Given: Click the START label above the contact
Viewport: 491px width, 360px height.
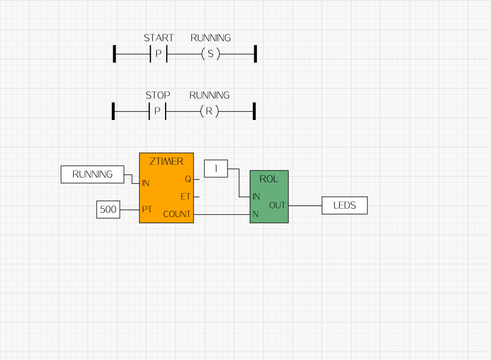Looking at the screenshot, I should [x=159, y=38].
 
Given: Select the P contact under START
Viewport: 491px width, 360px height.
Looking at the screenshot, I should [x=159, y=54].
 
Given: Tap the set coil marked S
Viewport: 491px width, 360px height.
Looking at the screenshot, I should [x=210, y=54].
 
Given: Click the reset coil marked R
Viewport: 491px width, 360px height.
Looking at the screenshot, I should [x=209, y=111].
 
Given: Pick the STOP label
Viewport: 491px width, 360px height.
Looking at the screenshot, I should [x=158, y=95].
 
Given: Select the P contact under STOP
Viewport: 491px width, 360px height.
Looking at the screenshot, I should [x=157, y=111].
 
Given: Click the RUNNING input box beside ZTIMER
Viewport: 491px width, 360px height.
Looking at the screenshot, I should [x=92, y=175].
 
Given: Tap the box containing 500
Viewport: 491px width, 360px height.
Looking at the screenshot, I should [x=108, y=210].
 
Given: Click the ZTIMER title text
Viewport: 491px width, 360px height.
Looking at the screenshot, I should [x=166, y=161].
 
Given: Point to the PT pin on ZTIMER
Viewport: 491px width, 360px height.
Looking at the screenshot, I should [x=147, y=210].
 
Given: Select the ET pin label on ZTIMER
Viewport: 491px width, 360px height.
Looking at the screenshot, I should [x=185, y=197].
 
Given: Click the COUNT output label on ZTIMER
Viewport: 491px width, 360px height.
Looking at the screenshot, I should [x=177, y=214].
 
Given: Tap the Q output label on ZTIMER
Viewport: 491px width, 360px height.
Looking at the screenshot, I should [x=188, y=179].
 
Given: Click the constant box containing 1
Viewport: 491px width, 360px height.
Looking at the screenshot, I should [x=216, y=169].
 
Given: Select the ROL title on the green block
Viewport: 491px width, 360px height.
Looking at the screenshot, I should [x=269, y=179].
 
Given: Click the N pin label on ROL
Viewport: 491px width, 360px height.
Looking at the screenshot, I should [x=256, y=214].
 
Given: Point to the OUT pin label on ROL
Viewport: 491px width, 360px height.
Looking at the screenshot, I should [x=277, y=205].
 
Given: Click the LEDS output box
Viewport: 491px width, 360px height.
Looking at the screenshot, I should [x=344, y=205].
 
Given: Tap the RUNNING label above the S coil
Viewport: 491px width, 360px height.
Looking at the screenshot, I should [x=210, y=38].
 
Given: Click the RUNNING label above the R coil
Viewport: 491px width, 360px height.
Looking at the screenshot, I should [x=210, y=95].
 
